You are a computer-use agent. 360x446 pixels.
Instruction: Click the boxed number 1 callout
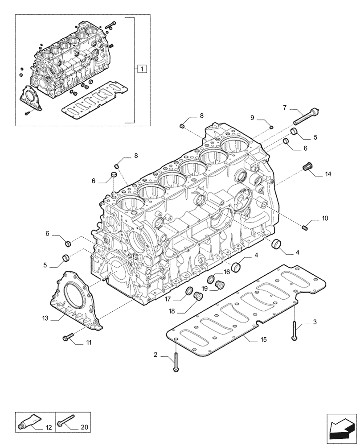[x=141, y=69]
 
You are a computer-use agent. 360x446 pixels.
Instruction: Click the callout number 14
[x=328, y=174]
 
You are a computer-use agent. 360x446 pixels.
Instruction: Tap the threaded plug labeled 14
[x=306, y=167]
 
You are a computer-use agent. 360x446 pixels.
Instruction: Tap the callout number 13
[x=45, y=318]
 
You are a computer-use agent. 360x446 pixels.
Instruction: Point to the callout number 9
[x=252, y=117]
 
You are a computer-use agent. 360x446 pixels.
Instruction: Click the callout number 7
[x=284, y=107]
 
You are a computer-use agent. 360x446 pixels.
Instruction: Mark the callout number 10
[x=325, y=218]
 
